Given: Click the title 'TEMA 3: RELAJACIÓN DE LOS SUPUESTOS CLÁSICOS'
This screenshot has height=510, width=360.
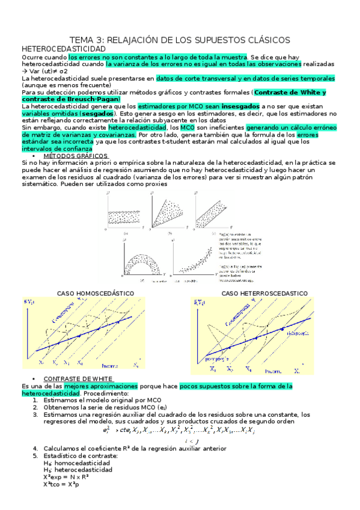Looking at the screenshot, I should (x=180, y=40).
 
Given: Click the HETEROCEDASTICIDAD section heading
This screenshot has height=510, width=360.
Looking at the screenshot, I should (x=63, y=48).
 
